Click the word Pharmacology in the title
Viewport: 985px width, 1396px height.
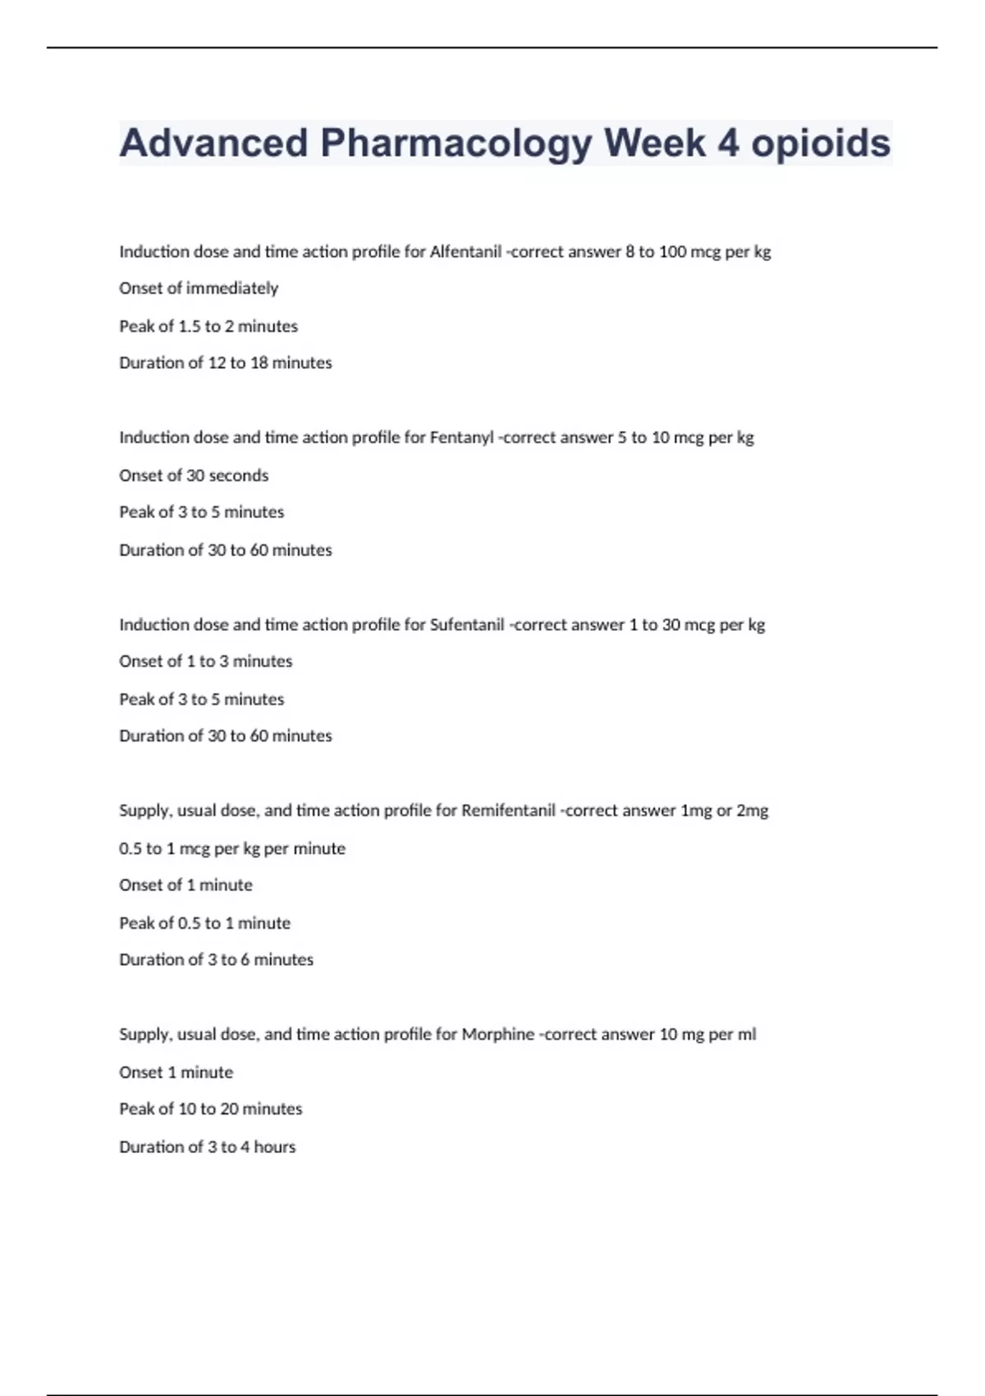point(456,144)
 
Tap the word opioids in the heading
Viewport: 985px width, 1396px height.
point(821,144)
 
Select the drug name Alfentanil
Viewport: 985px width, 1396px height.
point(465,251)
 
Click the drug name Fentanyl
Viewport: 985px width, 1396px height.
point(460,438)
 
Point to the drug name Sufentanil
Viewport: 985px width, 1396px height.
point(466,624)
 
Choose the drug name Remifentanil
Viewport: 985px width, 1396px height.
point(508,811)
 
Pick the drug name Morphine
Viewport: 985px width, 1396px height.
point(497,1034)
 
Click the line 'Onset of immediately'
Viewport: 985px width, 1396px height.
point(199,288)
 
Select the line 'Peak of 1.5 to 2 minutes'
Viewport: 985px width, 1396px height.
point(208,326)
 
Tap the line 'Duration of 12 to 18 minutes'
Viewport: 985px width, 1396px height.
point(226,363)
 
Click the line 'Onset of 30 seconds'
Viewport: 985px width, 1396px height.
point(194,475)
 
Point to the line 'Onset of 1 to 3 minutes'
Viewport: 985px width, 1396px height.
point(206,661)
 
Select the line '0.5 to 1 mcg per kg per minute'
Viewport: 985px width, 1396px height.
point(232,848)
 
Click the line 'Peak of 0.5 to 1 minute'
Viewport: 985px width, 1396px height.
point(204,923)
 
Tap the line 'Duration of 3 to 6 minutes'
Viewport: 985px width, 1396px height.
point(216,959)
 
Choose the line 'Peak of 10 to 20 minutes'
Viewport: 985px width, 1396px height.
point(211,1109)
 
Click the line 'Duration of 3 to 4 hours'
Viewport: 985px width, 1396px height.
point(207,1146)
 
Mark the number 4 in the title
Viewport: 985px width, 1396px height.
point(728,144)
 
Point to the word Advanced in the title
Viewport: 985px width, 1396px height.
point(213,144)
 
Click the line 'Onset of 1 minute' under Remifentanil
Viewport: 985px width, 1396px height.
point(186,885)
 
